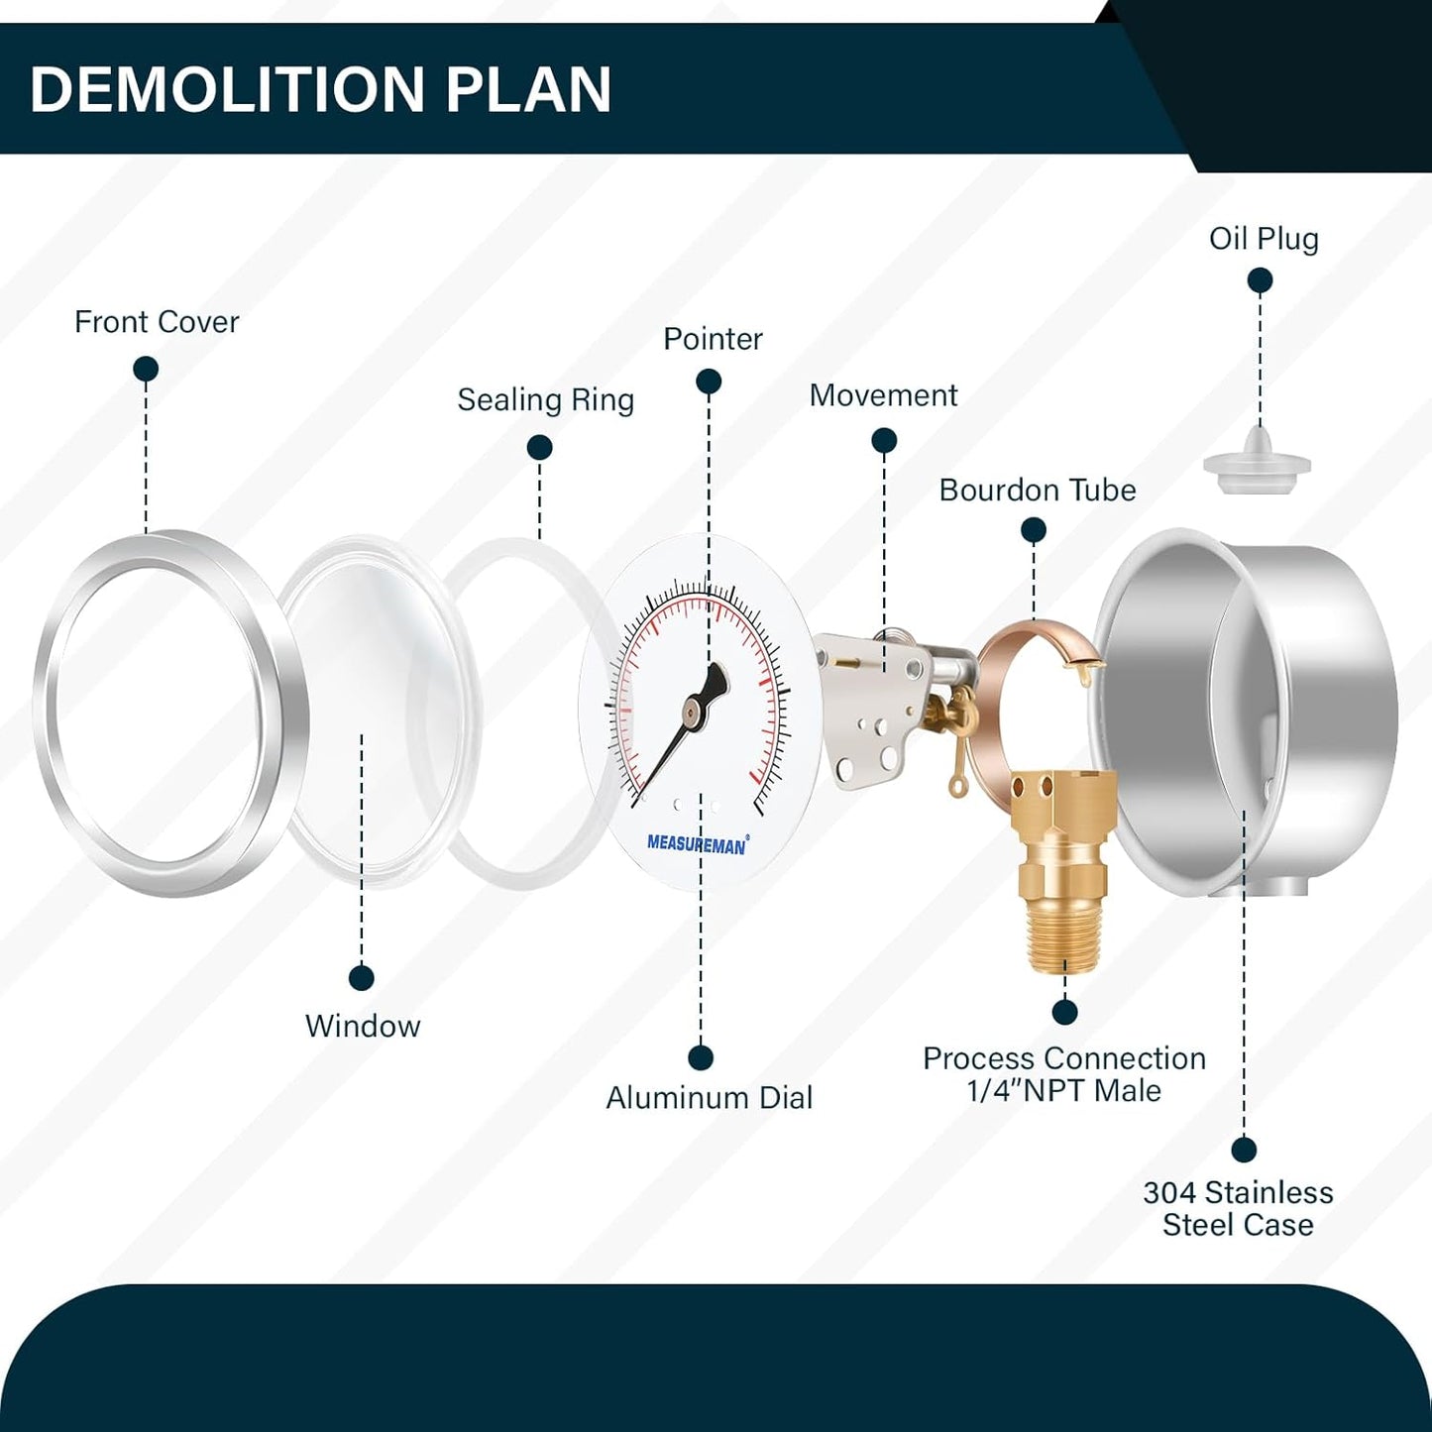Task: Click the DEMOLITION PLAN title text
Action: click(320, 89)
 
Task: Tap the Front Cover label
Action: click(157, 322)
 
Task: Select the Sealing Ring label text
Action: click(545, 400)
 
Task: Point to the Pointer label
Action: click(713, 339)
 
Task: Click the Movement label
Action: click(883, 395)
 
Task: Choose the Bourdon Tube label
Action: click(1038, 491)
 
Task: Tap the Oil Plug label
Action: click(1264, 239)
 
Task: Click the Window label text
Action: click(363, 1027)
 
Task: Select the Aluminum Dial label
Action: click(709, 1098)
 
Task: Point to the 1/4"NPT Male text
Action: click(1063, 1091)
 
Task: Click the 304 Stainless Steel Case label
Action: click(1238, 1208)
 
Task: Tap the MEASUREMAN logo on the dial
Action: click(697, 844)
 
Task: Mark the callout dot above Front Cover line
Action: click(146, 369)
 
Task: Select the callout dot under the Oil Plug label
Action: click(1260, 280)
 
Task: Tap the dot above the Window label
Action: click(361, 978)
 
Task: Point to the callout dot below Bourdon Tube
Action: click(1034, 530)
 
